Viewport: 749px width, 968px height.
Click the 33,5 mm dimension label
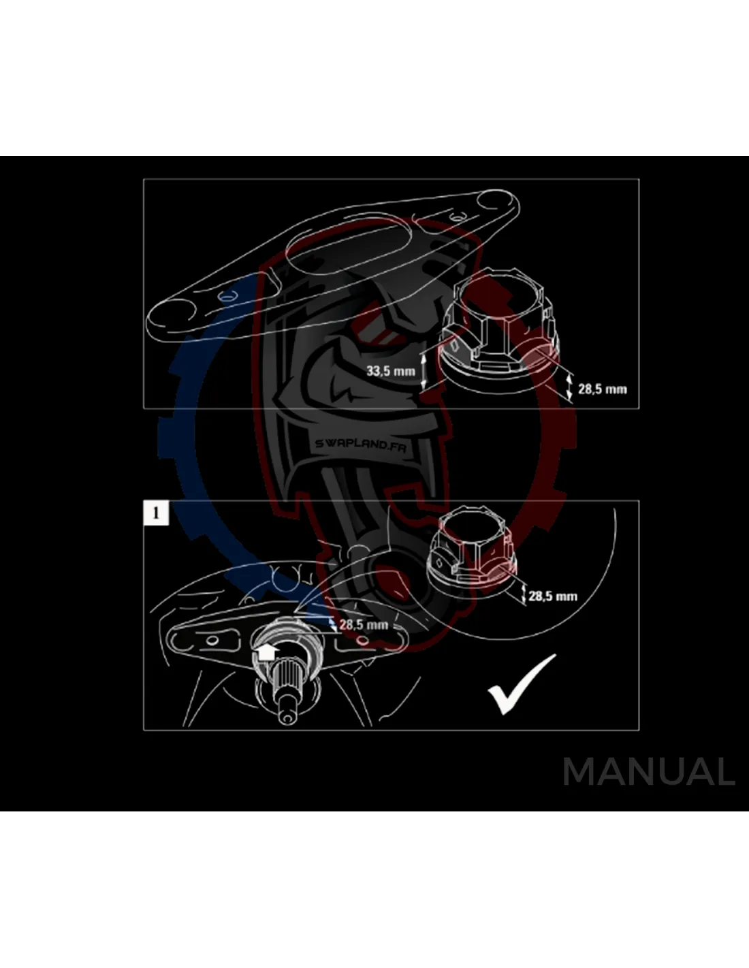(390, 372)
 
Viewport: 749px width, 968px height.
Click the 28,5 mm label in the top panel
(602, 389)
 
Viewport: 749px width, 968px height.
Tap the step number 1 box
(156, 512)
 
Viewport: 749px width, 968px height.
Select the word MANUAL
(648, 772)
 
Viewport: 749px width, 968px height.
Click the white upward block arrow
(265, 652)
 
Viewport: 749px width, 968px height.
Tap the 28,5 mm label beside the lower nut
(552, 596)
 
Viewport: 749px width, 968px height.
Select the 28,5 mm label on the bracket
(364, 624)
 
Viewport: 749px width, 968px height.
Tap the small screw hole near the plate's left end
(227, 295)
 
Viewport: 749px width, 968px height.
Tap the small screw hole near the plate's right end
(457, 217)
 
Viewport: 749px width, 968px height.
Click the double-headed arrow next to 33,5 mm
(424, 368)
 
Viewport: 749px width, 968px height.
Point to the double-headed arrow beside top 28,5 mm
(570, 388)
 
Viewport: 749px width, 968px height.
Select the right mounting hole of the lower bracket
(363, 641)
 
